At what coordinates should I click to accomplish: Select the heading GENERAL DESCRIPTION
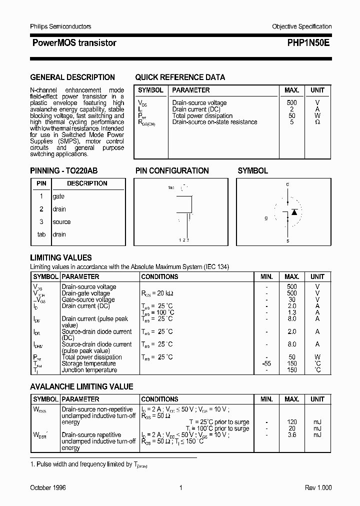pyautogui.click(x=72, y=77)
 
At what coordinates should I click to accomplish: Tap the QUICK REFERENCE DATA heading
pyautogui.click(x=180, y=77)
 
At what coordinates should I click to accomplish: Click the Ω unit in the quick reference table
pyautogui.click(x=317, y=122)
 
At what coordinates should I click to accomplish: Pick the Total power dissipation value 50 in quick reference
pyautogui.click(x=291, y=115)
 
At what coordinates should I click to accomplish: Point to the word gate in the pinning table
pyautogui.click(x=58, y=196)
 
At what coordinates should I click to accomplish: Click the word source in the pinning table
pyautogui.click(x=61, y=222)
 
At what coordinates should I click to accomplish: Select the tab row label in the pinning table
pyautogui.click(x=41, y=234)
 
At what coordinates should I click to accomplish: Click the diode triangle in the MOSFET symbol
pyautogui.click(x=294, y=212)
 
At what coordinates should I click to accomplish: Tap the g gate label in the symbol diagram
pyautogui.click(x=267, y=218)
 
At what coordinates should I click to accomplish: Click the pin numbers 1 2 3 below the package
pyautogui.click(x=183, y=240)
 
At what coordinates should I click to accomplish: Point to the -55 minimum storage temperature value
pyautogui.click(x=266, y=363)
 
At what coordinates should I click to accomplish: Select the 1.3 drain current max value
pyautogui.click(x=291, y=312)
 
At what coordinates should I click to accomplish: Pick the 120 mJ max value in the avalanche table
pyautogui.click(x=291, y=422)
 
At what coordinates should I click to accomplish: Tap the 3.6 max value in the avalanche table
pyautogui.click(x=291, y=435)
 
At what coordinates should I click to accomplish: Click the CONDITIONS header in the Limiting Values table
pyautogui.click(x=159, y=276)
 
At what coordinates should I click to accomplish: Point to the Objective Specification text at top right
pyautogui.click(x=301, y=26)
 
